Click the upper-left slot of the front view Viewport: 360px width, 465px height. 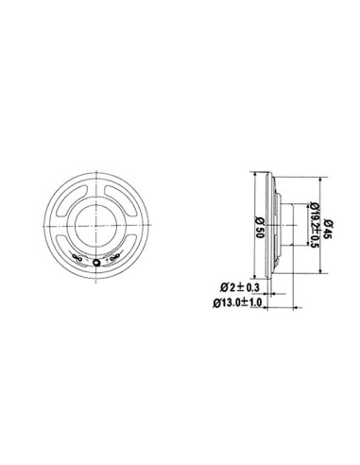point(67,194)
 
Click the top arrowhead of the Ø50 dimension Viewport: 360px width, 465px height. point(258,176)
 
